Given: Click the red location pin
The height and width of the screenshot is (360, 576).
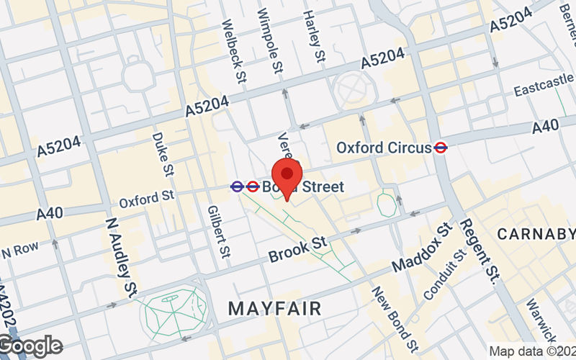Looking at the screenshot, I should pos(288,176).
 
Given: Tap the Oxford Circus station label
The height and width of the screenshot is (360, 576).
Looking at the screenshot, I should pos(384,148).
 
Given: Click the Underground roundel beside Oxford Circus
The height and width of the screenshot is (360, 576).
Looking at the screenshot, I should pos(441,148).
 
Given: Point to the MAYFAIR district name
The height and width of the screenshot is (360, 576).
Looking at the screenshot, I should pos(274,308).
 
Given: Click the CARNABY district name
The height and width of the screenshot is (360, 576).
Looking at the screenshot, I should pos(536,234).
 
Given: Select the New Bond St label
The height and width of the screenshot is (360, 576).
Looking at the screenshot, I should pos(395,315).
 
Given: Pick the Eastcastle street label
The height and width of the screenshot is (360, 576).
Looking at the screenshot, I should pos(544,89).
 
